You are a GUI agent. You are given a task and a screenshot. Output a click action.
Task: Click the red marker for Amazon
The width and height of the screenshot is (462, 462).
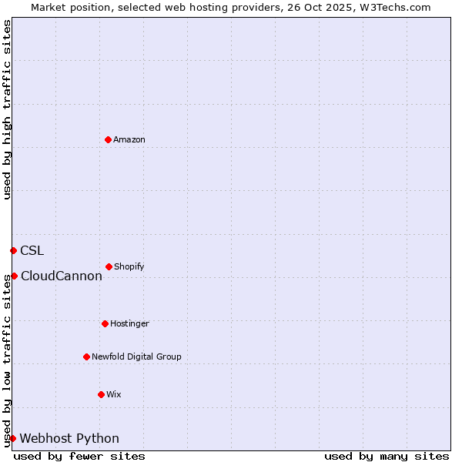(x=108, y=139)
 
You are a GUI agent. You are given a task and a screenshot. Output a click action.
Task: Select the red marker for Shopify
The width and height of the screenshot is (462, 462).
(x=109, y=266)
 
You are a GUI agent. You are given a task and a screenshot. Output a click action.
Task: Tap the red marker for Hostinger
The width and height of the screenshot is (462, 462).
(x=105, y=323)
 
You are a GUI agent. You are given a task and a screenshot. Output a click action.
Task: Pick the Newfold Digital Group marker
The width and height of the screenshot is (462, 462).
(x=86, y=357)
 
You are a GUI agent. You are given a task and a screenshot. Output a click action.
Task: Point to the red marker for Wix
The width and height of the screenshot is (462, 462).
(x=101, y=394)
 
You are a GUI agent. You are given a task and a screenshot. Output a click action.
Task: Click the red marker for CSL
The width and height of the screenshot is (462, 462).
(x=13, y=250)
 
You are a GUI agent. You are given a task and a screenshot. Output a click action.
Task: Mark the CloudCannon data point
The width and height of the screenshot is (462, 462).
(x=14, y=276)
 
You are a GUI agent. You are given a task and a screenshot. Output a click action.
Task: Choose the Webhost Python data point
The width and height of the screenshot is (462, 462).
(x=12, y=438)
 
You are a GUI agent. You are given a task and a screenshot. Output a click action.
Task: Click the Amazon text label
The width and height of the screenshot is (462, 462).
(x=129, y=139)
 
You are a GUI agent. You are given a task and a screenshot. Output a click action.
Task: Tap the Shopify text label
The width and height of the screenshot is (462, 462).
(x=129, y=266)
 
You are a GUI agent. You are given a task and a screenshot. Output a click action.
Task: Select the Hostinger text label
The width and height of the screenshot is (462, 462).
(x=129, y=323)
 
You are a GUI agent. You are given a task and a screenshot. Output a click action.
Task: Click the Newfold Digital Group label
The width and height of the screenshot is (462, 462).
(x=136, y=357)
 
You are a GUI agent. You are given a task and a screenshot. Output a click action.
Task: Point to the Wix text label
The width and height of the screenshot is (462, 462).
(x=114, y=394)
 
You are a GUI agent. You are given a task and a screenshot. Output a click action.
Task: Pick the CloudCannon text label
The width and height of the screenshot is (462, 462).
(x=62, y=276)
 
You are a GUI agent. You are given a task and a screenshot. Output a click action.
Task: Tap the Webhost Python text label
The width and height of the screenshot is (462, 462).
(x=69, y=438)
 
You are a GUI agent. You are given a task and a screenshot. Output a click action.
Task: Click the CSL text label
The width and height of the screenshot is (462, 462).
(x=32, y=250)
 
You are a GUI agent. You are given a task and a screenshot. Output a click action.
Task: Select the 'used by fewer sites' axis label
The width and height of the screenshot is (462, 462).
(x=79, y=456)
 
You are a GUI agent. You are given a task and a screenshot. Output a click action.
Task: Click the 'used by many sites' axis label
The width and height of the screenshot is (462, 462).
(x=387, y=456)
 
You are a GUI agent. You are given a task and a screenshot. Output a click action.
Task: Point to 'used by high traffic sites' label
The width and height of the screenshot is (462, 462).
(x=7, y=110)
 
